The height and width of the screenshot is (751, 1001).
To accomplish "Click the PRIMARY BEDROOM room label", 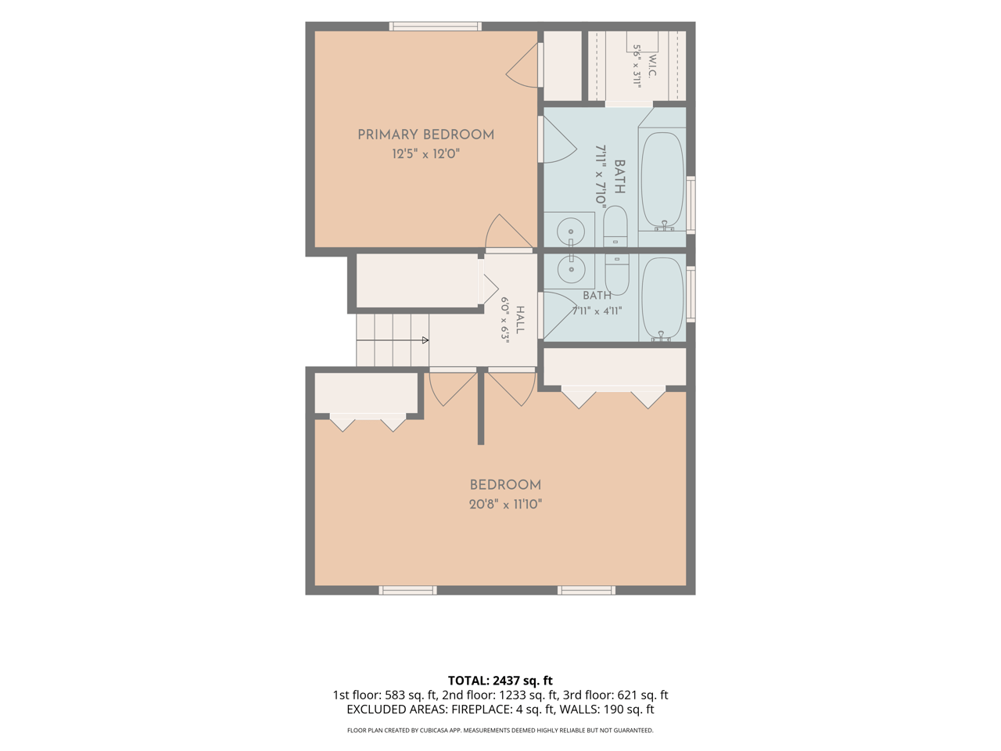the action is [x=425, y=135].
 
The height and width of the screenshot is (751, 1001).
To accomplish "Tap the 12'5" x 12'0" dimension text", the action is [x=425, y=154].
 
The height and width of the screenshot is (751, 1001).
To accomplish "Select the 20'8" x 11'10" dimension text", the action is [x=505, y=505].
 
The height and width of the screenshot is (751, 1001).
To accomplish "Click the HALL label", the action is [x=519, y=320].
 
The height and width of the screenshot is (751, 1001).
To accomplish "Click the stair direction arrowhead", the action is [x=425, y=340].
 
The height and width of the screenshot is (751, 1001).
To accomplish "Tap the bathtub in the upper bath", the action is [x=662, y=181].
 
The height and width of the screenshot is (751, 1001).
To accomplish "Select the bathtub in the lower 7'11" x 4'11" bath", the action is [x=662, y=299].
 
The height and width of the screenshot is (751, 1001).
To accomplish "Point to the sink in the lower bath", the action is [x=571, y=269].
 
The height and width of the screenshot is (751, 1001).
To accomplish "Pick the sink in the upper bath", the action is [x=571, y=232].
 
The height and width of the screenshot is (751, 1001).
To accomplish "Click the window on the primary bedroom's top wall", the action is [x=436, y=27].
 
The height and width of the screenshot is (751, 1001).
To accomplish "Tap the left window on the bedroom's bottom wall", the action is [x=407, y=591].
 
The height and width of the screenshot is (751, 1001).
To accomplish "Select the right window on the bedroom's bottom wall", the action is [x=587, y=591].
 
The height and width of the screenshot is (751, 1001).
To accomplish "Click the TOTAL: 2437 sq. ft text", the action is [x=500, y=681].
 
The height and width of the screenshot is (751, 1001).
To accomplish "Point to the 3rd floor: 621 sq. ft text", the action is [x=615, y=695].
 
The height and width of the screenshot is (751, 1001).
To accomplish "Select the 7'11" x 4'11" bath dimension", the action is [x=597, y=311].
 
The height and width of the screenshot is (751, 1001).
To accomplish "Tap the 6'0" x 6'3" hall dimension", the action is [x=505, y=320].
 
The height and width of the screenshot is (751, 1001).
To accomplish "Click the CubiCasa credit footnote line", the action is [x=500, y=731].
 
